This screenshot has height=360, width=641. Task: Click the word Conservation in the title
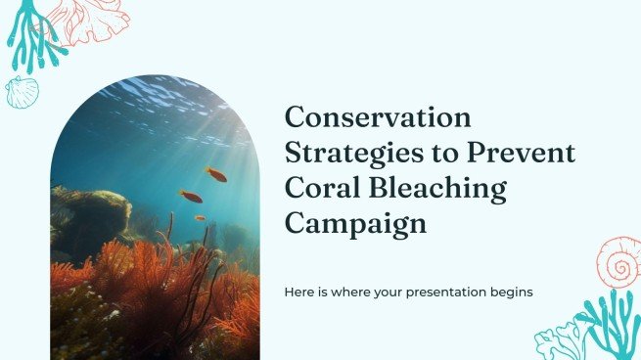click(x=378, y=119)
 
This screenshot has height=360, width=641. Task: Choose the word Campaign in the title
click(x=356, y=223)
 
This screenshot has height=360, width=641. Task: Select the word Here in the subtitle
click(x=299, y=292)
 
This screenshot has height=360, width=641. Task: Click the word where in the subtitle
click(x=351, y=292)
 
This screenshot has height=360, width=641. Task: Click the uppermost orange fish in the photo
click(x=216, y=175)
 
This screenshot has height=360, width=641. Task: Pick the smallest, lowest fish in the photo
click(x=200, y=218)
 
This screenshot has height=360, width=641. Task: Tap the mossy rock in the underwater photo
click(x=93, y=209)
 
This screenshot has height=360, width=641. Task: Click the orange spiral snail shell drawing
click(x=618, y=261)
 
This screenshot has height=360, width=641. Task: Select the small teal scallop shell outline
click(x=22, y=92)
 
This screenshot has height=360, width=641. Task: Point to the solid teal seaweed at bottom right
click(x=608, y=323)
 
